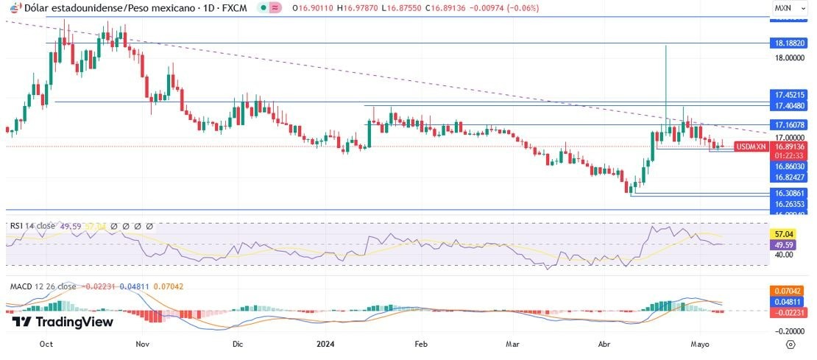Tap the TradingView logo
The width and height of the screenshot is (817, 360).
tap(63, 322)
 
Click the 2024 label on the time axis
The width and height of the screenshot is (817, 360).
tap(325, 344)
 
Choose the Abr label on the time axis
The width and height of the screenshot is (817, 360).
tap(604, 344)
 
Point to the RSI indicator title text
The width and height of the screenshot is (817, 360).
tap(34, 226)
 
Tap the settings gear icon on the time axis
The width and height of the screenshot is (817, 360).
tap(790, 344)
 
